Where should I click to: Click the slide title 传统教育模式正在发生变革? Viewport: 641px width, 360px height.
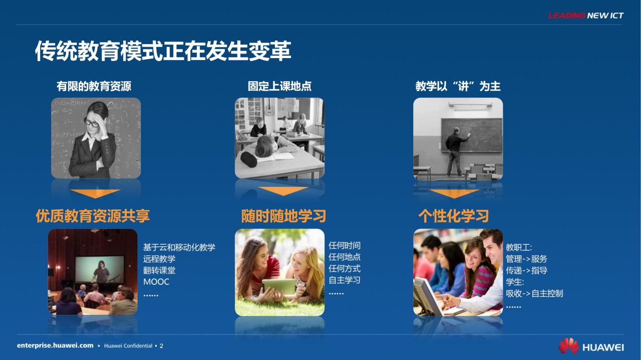[163, 51]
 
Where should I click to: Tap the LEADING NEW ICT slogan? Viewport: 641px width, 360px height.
[586, 16]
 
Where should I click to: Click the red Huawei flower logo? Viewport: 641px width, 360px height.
[568, 345]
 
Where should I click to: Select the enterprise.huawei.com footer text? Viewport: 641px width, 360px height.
[55, 345]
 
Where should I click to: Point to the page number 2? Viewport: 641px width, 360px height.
[161, 346]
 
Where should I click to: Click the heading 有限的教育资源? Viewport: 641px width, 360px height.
[94, 86]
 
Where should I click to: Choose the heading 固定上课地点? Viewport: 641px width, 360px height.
[279, 86]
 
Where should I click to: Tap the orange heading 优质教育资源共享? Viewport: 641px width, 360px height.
[93, 216]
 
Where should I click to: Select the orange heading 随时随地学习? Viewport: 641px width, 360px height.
[283, 216]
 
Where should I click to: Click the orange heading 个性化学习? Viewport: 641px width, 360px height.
[453, 216]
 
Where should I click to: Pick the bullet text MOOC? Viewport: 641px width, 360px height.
[156, 282]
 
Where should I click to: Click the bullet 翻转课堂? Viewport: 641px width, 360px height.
[159, 270]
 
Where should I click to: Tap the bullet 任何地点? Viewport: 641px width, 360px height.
[345, 257]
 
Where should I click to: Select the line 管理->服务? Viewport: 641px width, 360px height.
[526, 259]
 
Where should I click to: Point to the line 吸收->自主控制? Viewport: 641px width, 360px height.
[534, 293]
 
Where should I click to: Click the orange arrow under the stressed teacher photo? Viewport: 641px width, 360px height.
[95, 193]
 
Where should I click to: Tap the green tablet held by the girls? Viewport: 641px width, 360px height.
[279, 287]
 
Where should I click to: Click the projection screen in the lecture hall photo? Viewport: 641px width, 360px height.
[99, 269]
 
